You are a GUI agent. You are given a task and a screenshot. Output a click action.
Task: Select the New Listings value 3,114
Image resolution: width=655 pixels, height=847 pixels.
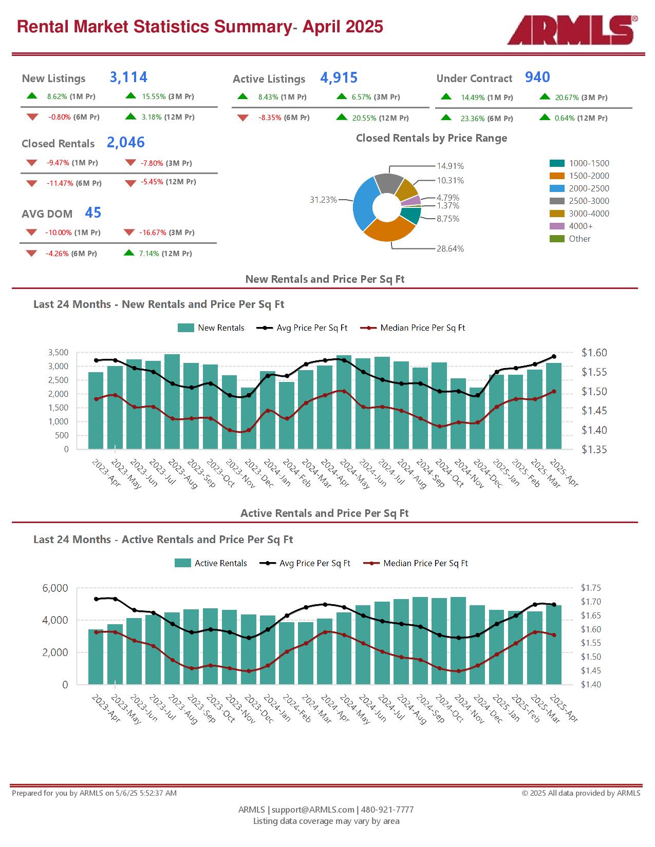tap(128, 77)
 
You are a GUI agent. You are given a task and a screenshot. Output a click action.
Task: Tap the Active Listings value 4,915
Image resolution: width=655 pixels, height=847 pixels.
tap(339, 78)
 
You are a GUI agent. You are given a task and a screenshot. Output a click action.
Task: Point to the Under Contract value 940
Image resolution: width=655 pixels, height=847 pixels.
tap(537, 77)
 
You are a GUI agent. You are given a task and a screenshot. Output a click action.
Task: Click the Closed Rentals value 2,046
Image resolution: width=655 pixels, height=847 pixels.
tap(126, 143)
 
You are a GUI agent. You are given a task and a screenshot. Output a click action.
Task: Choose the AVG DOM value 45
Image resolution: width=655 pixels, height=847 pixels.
tap(93, 213)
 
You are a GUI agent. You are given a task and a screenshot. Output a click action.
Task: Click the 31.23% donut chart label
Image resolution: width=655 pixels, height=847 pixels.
tap(323, 200)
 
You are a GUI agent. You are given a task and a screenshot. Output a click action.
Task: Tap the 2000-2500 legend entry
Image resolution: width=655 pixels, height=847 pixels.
tap(579, 188)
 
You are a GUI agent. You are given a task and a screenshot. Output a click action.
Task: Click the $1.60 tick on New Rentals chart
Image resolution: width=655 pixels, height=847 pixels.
tap(594, 353)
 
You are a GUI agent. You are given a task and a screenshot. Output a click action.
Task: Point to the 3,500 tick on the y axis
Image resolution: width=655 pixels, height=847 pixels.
tap(58, 352)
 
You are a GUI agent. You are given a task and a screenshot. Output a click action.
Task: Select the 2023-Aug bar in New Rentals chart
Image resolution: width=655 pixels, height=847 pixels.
tap(172, 401)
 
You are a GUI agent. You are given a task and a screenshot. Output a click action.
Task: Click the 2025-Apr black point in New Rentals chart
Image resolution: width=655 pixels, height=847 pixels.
tap(554, 357)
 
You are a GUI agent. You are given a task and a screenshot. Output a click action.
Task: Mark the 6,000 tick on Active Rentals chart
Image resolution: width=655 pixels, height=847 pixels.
tap(55, 588)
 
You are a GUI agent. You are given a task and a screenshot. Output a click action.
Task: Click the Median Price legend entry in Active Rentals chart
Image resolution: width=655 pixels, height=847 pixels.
tap(415, 563)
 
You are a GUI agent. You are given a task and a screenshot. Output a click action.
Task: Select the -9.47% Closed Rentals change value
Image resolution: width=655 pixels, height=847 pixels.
tap(58, 163)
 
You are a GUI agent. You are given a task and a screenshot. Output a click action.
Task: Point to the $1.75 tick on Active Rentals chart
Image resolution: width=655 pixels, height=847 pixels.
tap(591, 588)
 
